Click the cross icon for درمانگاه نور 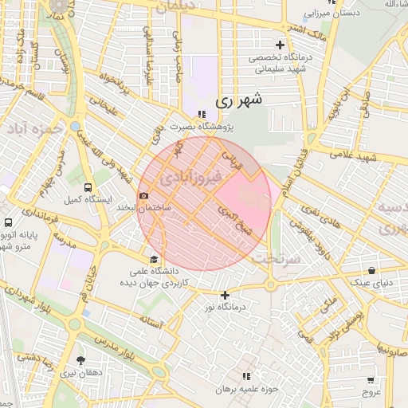225,296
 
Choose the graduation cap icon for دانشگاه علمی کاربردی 154,259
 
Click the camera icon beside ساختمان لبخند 143,195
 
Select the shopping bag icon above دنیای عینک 372,271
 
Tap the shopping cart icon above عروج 371,380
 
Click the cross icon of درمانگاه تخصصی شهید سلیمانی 279,45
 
